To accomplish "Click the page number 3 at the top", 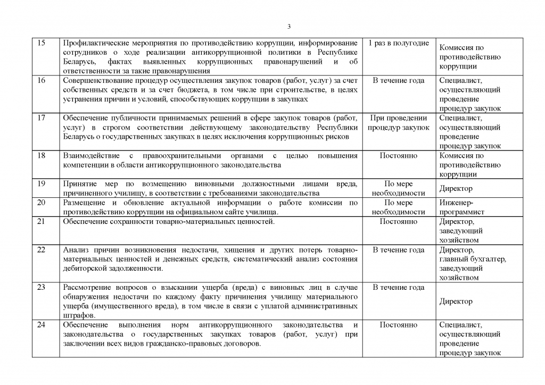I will tap(288, 27).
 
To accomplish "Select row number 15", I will tap(42, 43).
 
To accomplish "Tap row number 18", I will tap(42, 156).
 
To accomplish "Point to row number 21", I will tap(42, 221).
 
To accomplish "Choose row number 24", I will tap(42, 325).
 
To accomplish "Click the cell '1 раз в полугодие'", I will tap(399, 43).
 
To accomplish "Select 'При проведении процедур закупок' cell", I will tap(399, 123).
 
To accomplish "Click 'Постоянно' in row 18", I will tap(399, 156).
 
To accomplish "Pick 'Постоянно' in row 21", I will tap(399, 221).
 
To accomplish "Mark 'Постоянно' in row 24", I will tap(399, 325).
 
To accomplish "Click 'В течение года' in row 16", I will tap(399, 80).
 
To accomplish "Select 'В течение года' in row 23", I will tap(399, 288).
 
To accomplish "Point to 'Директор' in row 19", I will tap(456, 188).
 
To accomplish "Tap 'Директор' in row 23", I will tap(456, 302).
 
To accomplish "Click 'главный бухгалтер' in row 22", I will tap(473, 259).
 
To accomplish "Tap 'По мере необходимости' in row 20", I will tap(399, 207).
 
